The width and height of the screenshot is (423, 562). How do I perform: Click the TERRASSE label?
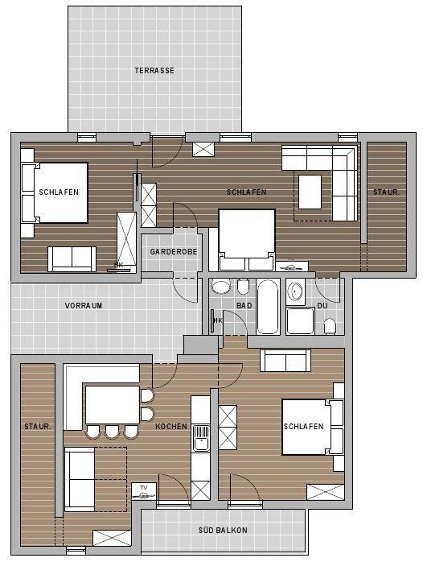click(x=154, y=70)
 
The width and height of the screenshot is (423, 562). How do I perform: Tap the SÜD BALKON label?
click(x=223, y=530)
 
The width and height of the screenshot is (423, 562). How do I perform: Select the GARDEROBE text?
click(x=174, y=252)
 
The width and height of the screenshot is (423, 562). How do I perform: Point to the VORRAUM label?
click(x=84, y=306)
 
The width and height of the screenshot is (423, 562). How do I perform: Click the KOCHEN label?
click(x=171, y=427)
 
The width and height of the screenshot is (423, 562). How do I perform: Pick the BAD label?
click(x=244, y=306)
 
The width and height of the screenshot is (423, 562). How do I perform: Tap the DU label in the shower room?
click(x=322, y=306)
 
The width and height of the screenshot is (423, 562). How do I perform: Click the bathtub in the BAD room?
click(x=268, y=307)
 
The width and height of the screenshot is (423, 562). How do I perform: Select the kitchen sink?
click(x=201, y=438)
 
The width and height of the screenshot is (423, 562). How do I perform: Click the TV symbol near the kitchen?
click(x=143, y=492)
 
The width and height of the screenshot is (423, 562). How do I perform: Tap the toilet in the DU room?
click(x=330, y=327)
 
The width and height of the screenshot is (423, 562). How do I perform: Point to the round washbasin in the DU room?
click(x=296, y=291)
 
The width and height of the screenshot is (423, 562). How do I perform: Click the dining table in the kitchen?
click(x=113, y=405)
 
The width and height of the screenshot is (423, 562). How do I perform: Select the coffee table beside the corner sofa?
click(x=310, y=192)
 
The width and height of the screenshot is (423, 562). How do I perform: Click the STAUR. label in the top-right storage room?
click(x=387, y=192)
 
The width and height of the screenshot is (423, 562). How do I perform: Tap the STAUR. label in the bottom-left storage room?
click(x=38, y=427)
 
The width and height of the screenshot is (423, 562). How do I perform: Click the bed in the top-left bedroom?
click(x=55, y=192)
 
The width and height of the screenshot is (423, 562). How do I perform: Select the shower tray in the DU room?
click(x=300, y=320)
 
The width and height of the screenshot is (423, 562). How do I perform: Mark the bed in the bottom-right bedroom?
click(x=312, y=428)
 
